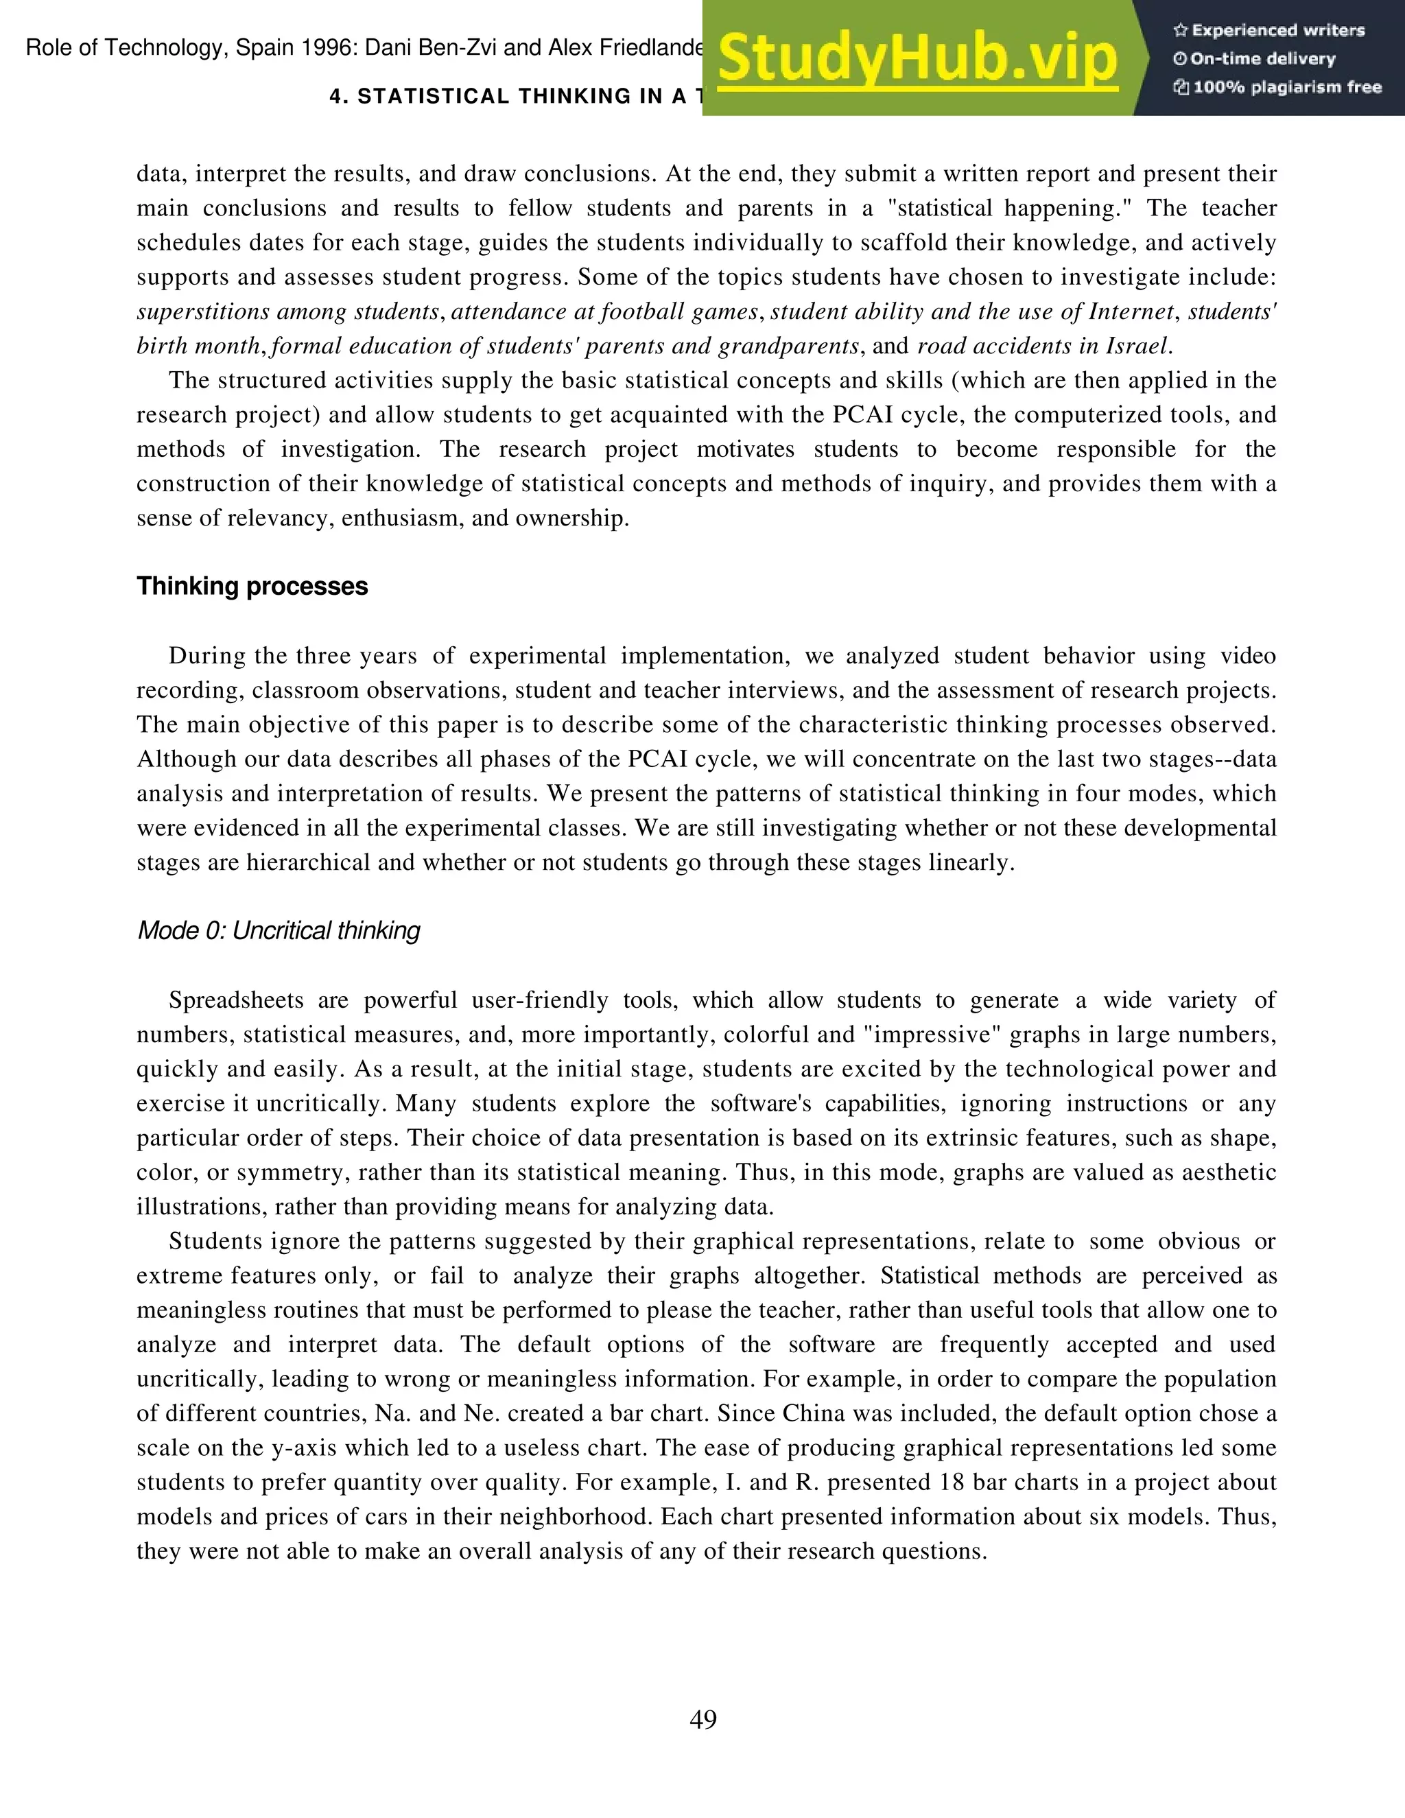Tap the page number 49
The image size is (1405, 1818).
pos(703,1719)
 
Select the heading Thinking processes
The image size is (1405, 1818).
pos(252,586)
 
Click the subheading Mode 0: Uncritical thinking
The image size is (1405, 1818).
pos(278,931)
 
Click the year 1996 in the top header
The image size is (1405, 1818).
pos(329,47)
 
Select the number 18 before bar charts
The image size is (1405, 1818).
pos(952,1483)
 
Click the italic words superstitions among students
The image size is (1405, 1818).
pos(288,312)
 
